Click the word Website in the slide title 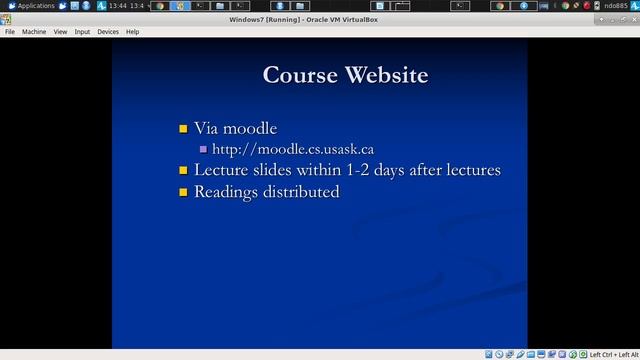coord(386,75)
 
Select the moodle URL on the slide coord(293,149)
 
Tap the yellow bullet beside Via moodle coord(183,129)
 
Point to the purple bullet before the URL coord(203,150)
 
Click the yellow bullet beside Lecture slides coord(183,171)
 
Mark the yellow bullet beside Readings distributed coord(183,192)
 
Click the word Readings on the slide coord(226,191)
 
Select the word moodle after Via coord(250,128)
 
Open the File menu coord(10,32)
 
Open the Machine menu coord(34,32)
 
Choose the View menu coord(60,32)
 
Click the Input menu coord(82,32)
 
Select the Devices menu coord(107,32)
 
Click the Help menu coord(132,32)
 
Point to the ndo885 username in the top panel coord(616,6)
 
